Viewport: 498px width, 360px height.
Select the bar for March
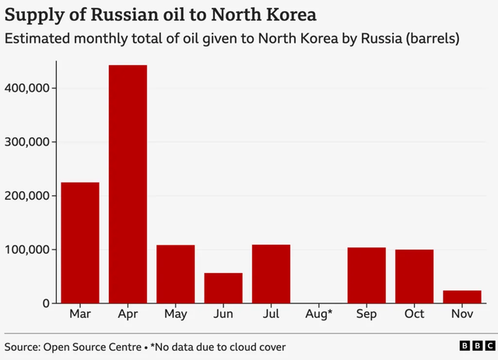click(80, 243)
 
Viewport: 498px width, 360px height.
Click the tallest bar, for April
click(128, 184)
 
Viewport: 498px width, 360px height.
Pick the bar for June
click(223, 288)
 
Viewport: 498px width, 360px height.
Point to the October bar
click(414, 276)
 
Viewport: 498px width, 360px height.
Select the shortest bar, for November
click(462, 297)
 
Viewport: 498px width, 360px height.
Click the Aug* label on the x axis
click(319, 315)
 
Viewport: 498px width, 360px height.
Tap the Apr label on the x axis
click(128, 315)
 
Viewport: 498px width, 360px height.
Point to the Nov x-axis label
click(462, 315)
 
